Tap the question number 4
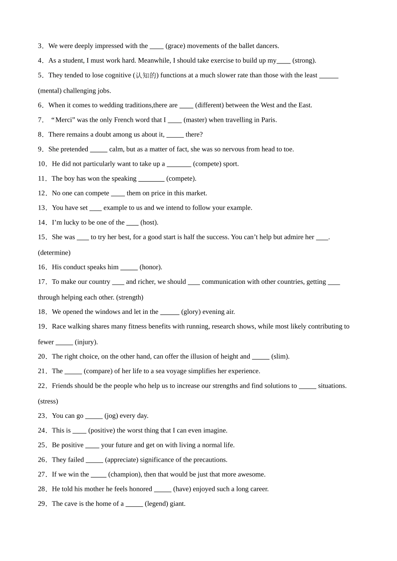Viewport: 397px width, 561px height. pyautogui.click(x=41, y=61)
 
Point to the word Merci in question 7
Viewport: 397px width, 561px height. pyautogui.click(x=64, y=120)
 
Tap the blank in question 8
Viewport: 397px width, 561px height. pyautogui.click(x=175, y=135)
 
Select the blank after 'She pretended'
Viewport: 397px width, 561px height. pyautogui.click(x=99, y=149)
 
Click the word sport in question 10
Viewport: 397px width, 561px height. pyautogui.click(x=230, y=164)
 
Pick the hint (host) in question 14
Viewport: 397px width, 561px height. pyautogui.click(x=149, y=222)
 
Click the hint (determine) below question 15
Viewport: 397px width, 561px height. pyautogui.click(x=54, y=253)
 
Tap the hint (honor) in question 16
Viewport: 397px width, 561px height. pyautogui.click(x=151, y=267)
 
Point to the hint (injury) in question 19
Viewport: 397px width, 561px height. pyautogui.click(x=86, y=342)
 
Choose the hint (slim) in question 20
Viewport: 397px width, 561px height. pyautogui.click(x=280, y=356)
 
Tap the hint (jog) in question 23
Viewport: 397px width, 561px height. pyautogui.click(x=112, y=416)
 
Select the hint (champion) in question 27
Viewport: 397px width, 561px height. pyautogui.click(x=125, y=474)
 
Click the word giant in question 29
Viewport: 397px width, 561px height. pyautogui.click(x=177, y=503)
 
